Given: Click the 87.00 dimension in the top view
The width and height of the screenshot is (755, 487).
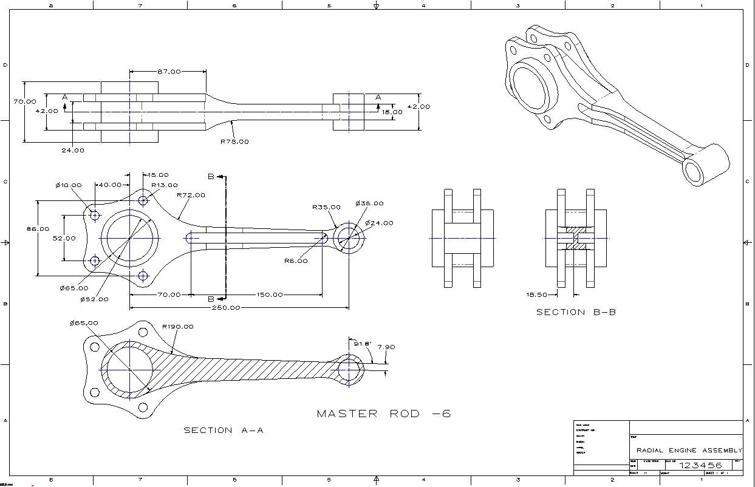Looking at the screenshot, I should coord(169,72).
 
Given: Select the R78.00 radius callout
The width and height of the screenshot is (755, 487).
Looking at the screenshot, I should coord(234,141).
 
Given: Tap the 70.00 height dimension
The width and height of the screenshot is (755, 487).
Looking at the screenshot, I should coord(25,102).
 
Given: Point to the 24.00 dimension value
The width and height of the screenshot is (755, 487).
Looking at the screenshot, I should coord(72,150).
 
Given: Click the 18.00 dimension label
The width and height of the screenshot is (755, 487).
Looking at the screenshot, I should coord(392,112).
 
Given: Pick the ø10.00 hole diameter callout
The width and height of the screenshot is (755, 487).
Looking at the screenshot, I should coord(69,185).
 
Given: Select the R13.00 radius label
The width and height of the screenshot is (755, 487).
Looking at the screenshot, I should coord(165,185).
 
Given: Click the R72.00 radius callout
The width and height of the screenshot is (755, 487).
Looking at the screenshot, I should coord(191,196).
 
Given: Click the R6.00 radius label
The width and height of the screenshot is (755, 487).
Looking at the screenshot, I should coord(296,261).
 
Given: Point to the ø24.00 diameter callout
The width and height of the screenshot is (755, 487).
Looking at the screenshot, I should coord(379,223).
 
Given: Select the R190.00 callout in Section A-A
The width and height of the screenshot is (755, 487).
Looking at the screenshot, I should coord(178,327).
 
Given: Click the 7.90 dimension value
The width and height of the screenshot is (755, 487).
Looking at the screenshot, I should coord(386,347).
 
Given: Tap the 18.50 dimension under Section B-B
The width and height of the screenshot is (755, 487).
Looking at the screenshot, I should coord(537,295).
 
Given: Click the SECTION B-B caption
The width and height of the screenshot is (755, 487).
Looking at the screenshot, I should coord(576,312).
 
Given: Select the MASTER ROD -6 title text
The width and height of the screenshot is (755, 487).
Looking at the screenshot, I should coord(384,414).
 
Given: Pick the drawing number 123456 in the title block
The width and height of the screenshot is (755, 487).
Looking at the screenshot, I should coord(700,465).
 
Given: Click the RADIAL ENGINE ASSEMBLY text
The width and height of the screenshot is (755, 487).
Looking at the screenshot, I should coord(689,451).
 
